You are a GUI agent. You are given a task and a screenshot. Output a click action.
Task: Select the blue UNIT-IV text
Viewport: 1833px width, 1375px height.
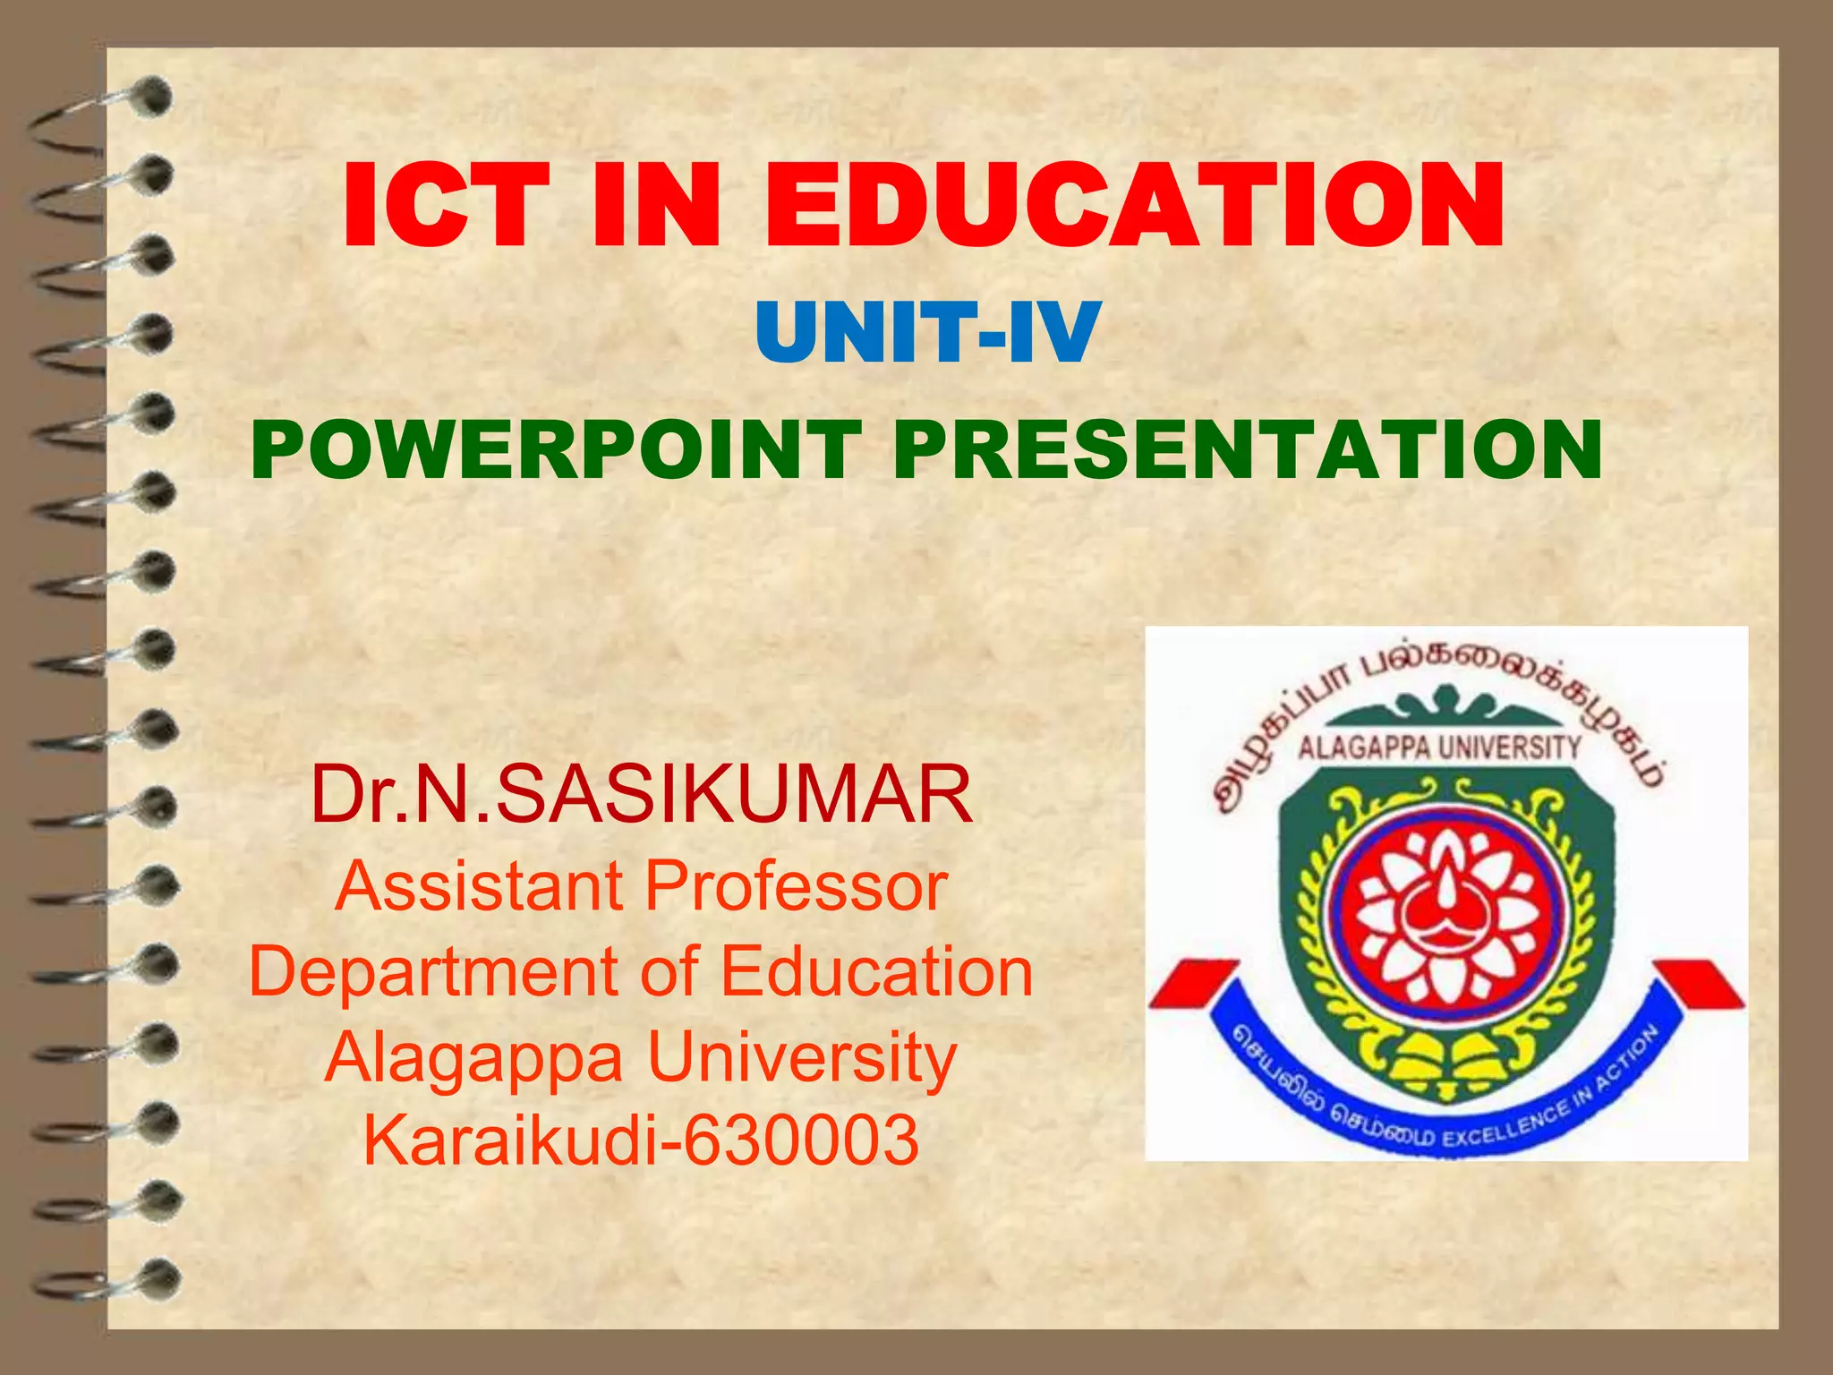click(x=927, y=332)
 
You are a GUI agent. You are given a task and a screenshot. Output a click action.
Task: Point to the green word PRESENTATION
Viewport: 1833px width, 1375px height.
click(x=1246, y=449)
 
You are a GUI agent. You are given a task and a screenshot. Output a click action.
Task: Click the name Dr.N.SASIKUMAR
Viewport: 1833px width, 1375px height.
click(x=641, y=795)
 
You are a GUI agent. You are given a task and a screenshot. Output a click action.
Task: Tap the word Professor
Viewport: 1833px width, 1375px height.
click(x=797, y=885)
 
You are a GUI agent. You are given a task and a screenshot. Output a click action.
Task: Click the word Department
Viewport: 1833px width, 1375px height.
click(x=434, y=971)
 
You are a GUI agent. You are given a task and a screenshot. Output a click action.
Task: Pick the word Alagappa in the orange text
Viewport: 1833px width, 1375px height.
click(x=473, y=1057)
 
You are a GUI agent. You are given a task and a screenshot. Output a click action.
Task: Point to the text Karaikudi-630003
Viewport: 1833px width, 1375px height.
click(x=641, y=1140)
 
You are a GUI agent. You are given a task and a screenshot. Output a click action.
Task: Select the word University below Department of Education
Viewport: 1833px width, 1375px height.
click(x=802, y=1057)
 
